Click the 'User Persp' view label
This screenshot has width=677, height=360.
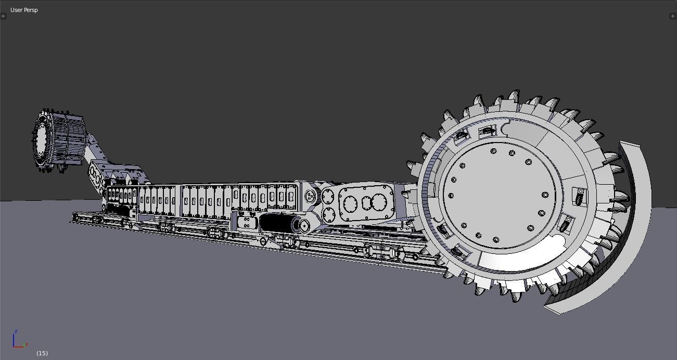pyautogui.click(x=24, y=10)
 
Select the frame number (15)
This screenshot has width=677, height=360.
pyautogui.click(x=42, y=353)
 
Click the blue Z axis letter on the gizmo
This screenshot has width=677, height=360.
pyautogui.click(x=16, y=331)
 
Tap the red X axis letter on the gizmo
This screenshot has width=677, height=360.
pyautogui.click(x=27, y=344)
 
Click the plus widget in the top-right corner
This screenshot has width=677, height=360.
pyautogui.click(x=672, y=16)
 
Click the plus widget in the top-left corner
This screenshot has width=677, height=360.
pyautogui.click(x=4, y=16)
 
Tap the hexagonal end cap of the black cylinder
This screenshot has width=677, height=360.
pyautogui.click(x=303, y=226)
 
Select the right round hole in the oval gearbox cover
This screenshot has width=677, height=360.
pyautogui.click(x=382, y=201)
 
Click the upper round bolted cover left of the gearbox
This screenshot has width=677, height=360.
pyautogui.click(x=328, y=197)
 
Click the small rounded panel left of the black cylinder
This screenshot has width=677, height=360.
pyautogui.click(x=247, y=223)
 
